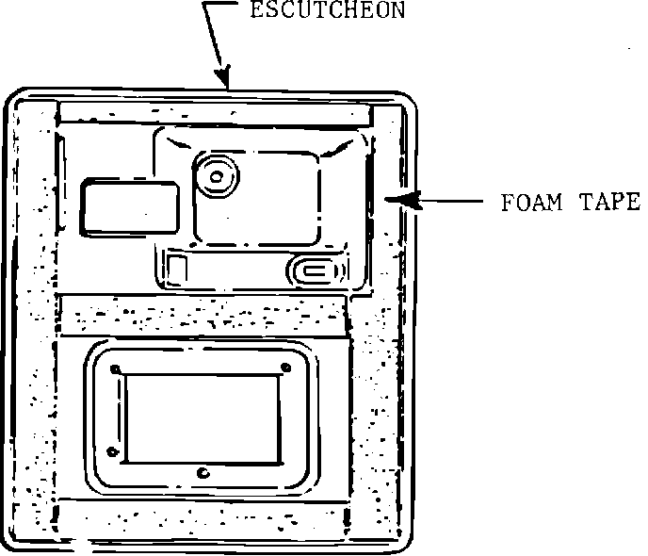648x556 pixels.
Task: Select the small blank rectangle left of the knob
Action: point(130,207)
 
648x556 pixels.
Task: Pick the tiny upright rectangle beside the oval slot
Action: point(176,268)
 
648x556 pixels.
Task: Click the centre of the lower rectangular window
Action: point(201,417)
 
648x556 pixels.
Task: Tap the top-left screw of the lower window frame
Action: point(115,368)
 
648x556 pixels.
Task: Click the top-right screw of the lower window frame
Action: point(285,368)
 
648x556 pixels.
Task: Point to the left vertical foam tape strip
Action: point(36,320)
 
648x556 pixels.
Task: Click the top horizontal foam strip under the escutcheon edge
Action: point(215,112)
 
